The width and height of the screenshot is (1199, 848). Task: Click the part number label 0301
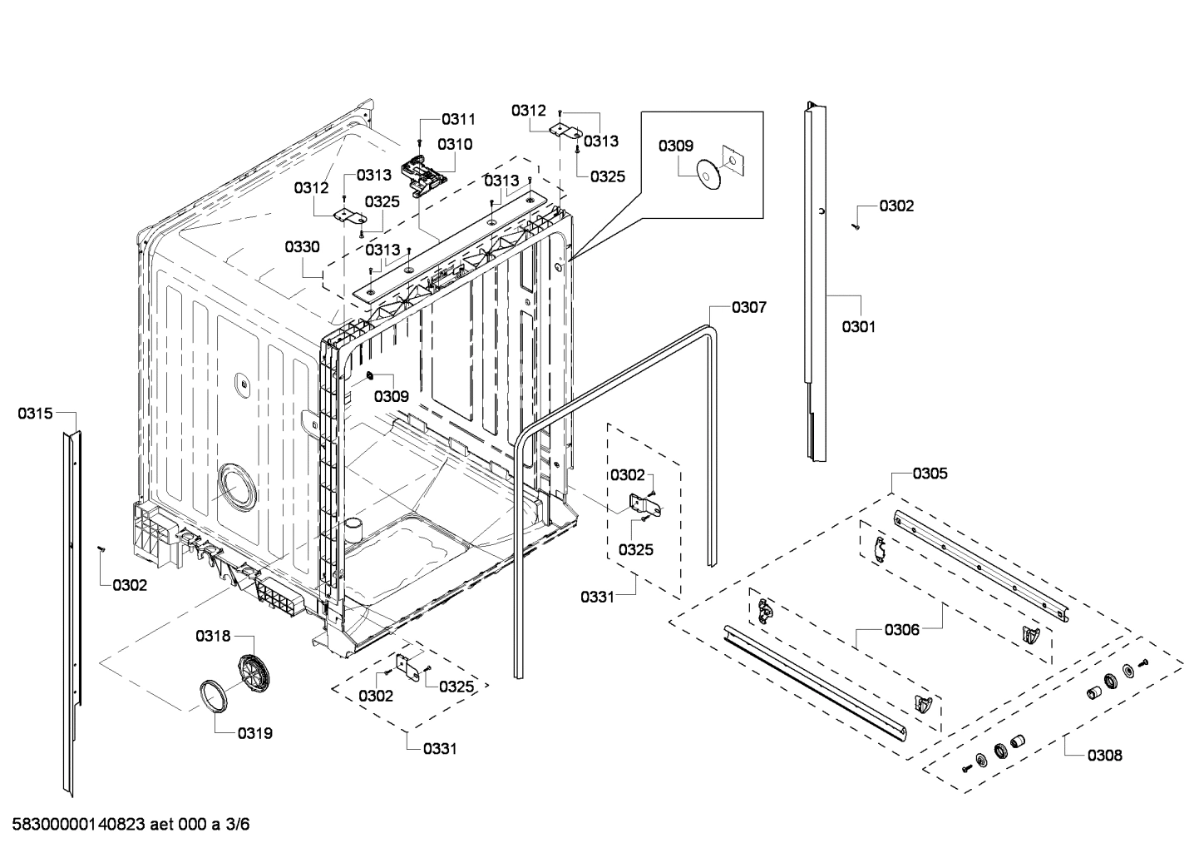coord(858,327)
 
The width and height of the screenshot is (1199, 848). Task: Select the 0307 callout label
coord(748,308)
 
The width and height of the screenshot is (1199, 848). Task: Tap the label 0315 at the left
coord(35,414)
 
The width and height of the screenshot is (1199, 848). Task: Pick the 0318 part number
coord(213,636)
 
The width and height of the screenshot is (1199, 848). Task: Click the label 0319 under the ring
coord(254,733)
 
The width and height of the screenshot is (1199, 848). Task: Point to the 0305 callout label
coord(930,474)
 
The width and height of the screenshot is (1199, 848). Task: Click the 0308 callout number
coord(1104,756)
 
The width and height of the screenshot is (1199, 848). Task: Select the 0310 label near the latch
coord(455,144)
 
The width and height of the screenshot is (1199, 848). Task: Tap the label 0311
coord(458,119)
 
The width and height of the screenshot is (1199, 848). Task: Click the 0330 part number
coord(301,247)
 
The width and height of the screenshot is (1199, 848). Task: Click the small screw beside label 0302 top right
coord(855,225)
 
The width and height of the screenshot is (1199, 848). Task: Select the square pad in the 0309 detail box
coord(731,158)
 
